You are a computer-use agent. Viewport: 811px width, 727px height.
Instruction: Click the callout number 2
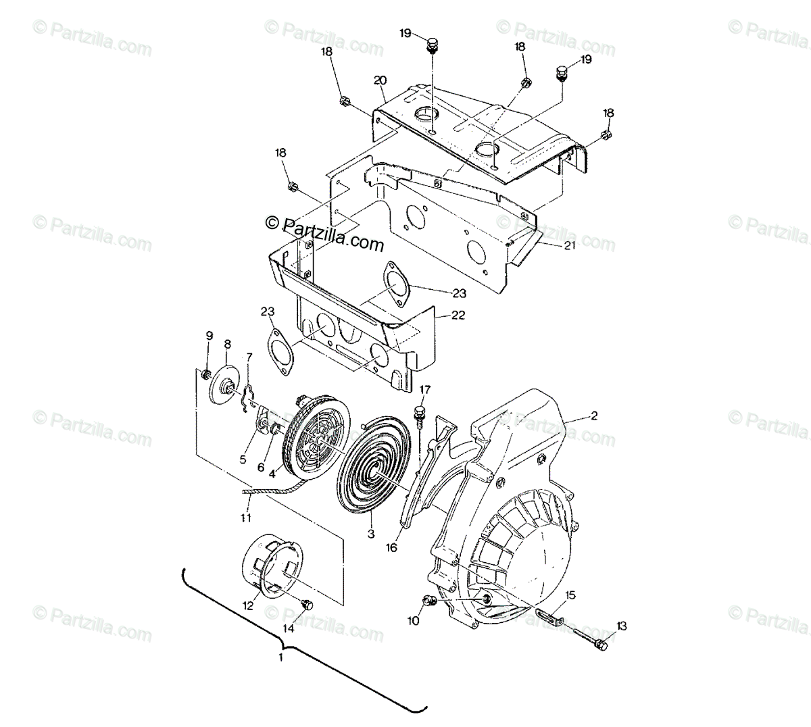[593, 416]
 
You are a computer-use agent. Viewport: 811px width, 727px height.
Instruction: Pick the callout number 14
[289, 628]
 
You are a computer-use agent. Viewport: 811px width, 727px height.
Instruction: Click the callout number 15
[570, 595]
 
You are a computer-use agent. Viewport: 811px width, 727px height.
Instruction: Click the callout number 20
[380, 80]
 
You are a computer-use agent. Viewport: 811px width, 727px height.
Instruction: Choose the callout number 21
[569, 246]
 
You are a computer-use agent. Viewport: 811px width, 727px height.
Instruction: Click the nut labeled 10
[428, 600]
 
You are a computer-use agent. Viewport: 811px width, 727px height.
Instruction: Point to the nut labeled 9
[207, 374]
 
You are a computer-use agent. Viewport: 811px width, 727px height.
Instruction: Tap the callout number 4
[272, 474]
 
